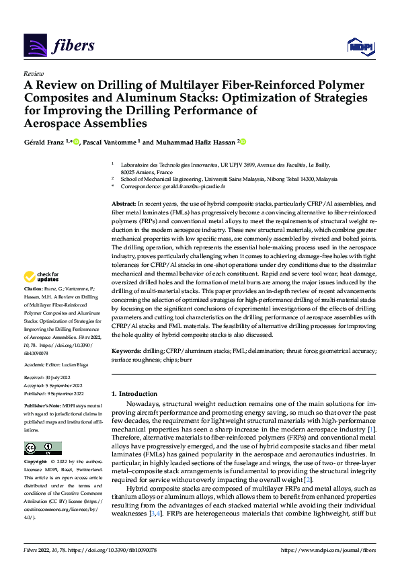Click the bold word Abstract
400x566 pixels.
click(123, 202)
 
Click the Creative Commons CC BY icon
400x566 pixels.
click(40, 448)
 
